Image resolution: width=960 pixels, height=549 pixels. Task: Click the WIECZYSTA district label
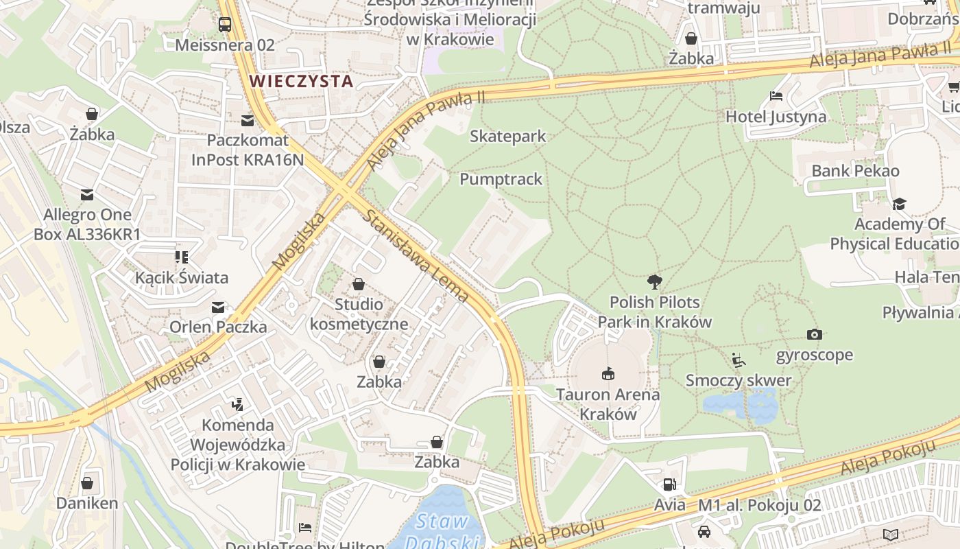301,81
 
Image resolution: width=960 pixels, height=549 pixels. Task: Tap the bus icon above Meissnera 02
225,25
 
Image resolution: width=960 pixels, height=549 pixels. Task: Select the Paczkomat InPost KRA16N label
247,150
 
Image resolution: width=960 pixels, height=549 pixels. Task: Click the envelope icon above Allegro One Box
87,195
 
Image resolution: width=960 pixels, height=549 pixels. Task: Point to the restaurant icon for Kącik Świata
182,257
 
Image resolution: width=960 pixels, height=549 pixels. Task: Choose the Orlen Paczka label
218,327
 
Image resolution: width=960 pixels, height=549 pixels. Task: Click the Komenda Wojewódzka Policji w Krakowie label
238,445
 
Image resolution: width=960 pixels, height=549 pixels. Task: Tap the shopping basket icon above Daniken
87,483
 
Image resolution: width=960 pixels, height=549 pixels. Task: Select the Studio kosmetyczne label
359,314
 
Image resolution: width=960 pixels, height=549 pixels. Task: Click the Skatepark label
507,136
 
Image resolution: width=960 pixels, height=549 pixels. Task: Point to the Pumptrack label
501,179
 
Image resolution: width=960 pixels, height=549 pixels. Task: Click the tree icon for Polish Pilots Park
655,281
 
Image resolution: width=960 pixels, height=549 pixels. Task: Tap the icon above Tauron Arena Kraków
608,374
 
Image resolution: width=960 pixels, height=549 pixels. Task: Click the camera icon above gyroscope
815,334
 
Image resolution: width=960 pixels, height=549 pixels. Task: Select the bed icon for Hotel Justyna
776,96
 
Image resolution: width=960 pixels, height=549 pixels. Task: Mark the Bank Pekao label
855,170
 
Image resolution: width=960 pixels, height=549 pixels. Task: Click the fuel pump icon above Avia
669,484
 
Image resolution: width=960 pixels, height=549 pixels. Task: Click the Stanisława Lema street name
416,255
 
